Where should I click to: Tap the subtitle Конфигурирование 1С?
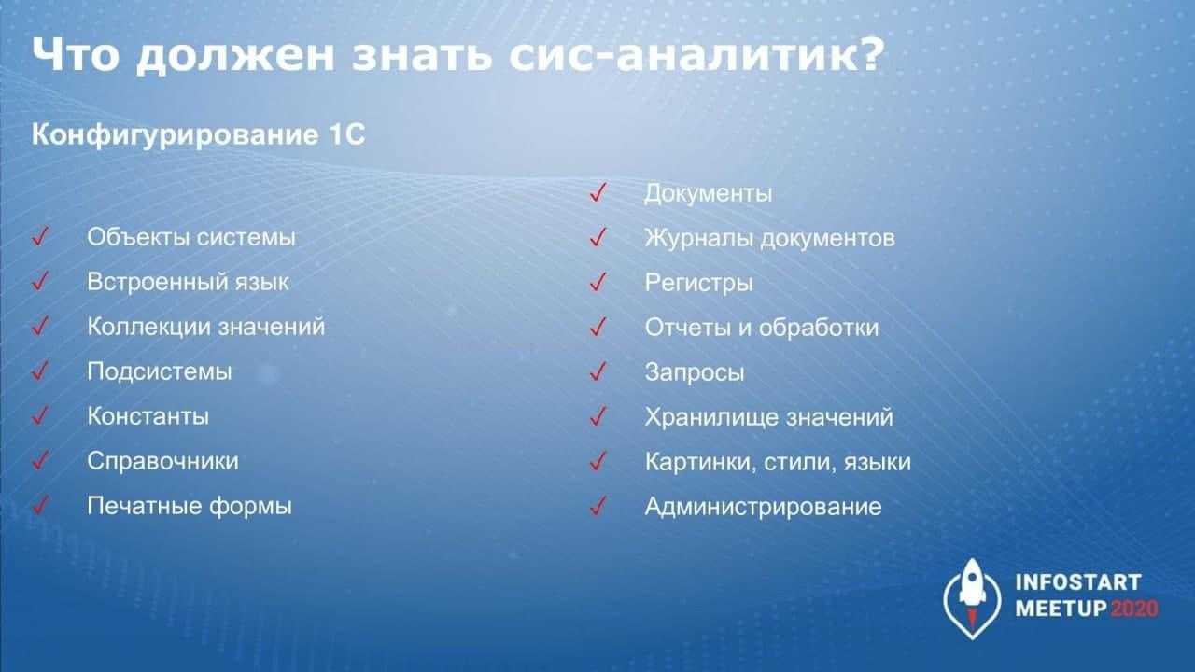coord(199,134)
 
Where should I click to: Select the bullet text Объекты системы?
coord(191,237)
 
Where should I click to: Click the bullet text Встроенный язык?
coord(188,282)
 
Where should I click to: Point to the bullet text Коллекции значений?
coord(206,327)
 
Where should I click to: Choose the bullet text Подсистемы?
coord(160,371)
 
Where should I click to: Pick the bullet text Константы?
coord(148,416)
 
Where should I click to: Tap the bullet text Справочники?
coord(162,461)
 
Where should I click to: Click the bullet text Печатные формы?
coord(190,506)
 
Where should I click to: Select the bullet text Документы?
coord(708,193)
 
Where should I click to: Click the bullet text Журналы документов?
coord(769,238)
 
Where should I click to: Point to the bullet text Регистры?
coord(698,283)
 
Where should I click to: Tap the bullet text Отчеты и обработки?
coord(761,328)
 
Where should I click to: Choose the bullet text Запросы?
coord(694,372)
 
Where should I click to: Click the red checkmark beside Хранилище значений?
coord(598,416)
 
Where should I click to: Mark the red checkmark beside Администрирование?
coord(598,506)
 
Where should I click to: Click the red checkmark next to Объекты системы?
coord(40,236)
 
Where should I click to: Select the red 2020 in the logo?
coord(1134,609)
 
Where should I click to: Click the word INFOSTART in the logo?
coord(1078,582)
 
